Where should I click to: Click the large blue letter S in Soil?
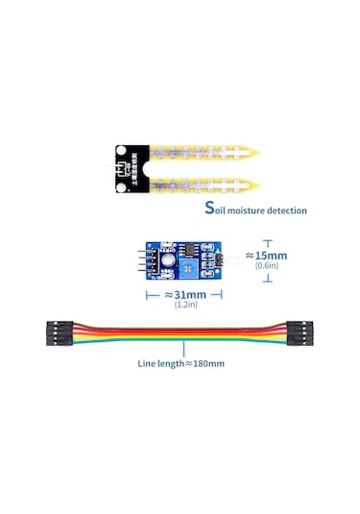(209, 208)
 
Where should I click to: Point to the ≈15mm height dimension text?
(266, 256)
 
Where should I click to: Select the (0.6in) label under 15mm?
(267, 267)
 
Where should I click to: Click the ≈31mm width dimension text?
(183, 294)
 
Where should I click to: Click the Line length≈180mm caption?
(180, 364)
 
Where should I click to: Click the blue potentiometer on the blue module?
(169, 257)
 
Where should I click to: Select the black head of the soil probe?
(127, 165)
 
